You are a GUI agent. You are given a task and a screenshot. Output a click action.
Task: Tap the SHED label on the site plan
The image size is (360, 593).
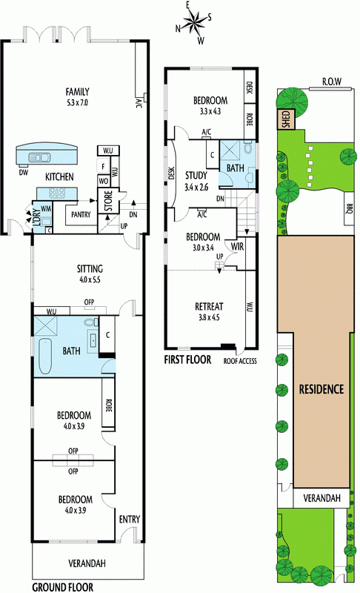[x=286, y=119]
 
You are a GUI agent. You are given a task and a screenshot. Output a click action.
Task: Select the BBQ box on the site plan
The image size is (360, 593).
[x=349, y=209]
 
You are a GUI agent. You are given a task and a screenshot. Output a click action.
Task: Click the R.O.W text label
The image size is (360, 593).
[x=332, y=82]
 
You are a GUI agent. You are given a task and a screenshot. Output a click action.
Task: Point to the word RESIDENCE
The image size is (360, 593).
[x=321, y=389]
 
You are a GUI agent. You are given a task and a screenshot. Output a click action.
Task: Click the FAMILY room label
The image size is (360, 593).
[x=78, y=91]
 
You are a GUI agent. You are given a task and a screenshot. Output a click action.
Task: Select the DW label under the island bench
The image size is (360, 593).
[x=23, y=172]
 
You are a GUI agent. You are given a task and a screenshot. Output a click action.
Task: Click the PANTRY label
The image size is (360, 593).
[x=81, y=214]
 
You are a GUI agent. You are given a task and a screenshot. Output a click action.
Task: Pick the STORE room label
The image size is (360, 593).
[x=108, y=201]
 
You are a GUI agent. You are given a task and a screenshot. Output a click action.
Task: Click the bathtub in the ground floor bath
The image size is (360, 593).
[x=45, y=357]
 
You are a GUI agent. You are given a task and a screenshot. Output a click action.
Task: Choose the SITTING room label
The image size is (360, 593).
[x=90, y=269]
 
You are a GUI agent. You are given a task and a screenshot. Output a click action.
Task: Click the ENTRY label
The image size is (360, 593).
[x=130, y=520]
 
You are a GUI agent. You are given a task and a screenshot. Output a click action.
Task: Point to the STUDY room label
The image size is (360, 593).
[x=196, y=175]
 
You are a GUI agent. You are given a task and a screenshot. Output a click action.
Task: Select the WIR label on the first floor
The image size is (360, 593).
[x=237, y=247]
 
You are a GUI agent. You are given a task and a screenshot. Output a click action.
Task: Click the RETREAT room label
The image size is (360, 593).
[x=209, y=306]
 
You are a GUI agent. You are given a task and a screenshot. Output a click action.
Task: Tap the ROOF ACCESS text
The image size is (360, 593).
[x=240, y=361]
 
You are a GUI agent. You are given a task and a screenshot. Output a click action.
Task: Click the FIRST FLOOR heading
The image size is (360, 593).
[x=187, y=360]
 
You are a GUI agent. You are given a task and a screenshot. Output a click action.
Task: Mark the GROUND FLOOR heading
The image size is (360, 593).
[x=63, y=587]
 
